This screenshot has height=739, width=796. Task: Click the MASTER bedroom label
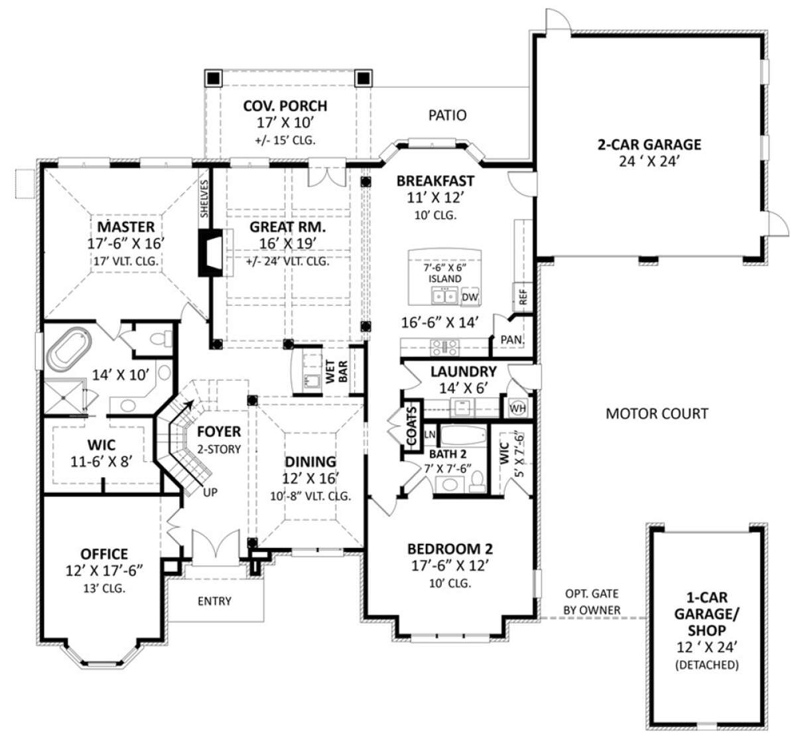(126, 227)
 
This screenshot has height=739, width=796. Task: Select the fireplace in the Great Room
(211, 253)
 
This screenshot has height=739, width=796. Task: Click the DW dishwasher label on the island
(470, 297)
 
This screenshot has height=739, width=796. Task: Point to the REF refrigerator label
(523, 297)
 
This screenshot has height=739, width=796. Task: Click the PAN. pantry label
(512, 340)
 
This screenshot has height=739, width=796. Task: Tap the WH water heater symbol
(517, 409)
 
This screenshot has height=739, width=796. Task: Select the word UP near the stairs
(210, 492)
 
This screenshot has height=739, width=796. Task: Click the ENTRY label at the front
(214, 601)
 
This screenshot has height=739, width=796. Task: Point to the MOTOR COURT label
(657, 414)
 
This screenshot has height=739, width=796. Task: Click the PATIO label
(447, 115)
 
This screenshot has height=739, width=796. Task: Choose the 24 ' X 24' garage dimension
(649, 162)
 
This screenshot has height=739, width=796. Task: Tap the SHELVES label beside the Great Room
(204, 199)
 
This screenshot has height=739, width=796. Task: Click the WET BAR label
(336, 371)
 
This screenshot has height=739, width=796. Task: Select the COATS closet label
(411, 426)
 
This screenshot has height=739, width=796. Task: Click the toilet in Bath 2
(477, 482)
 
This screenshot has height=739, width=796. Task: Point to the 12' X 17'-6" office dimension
(104, 571)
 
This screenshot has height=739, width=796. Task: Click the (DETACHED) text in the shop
(706, 665)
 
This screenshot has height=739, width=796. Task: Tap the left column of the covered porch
(213, 78)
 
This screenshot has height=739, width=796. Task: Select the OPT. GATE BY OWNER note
(592, 602)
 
